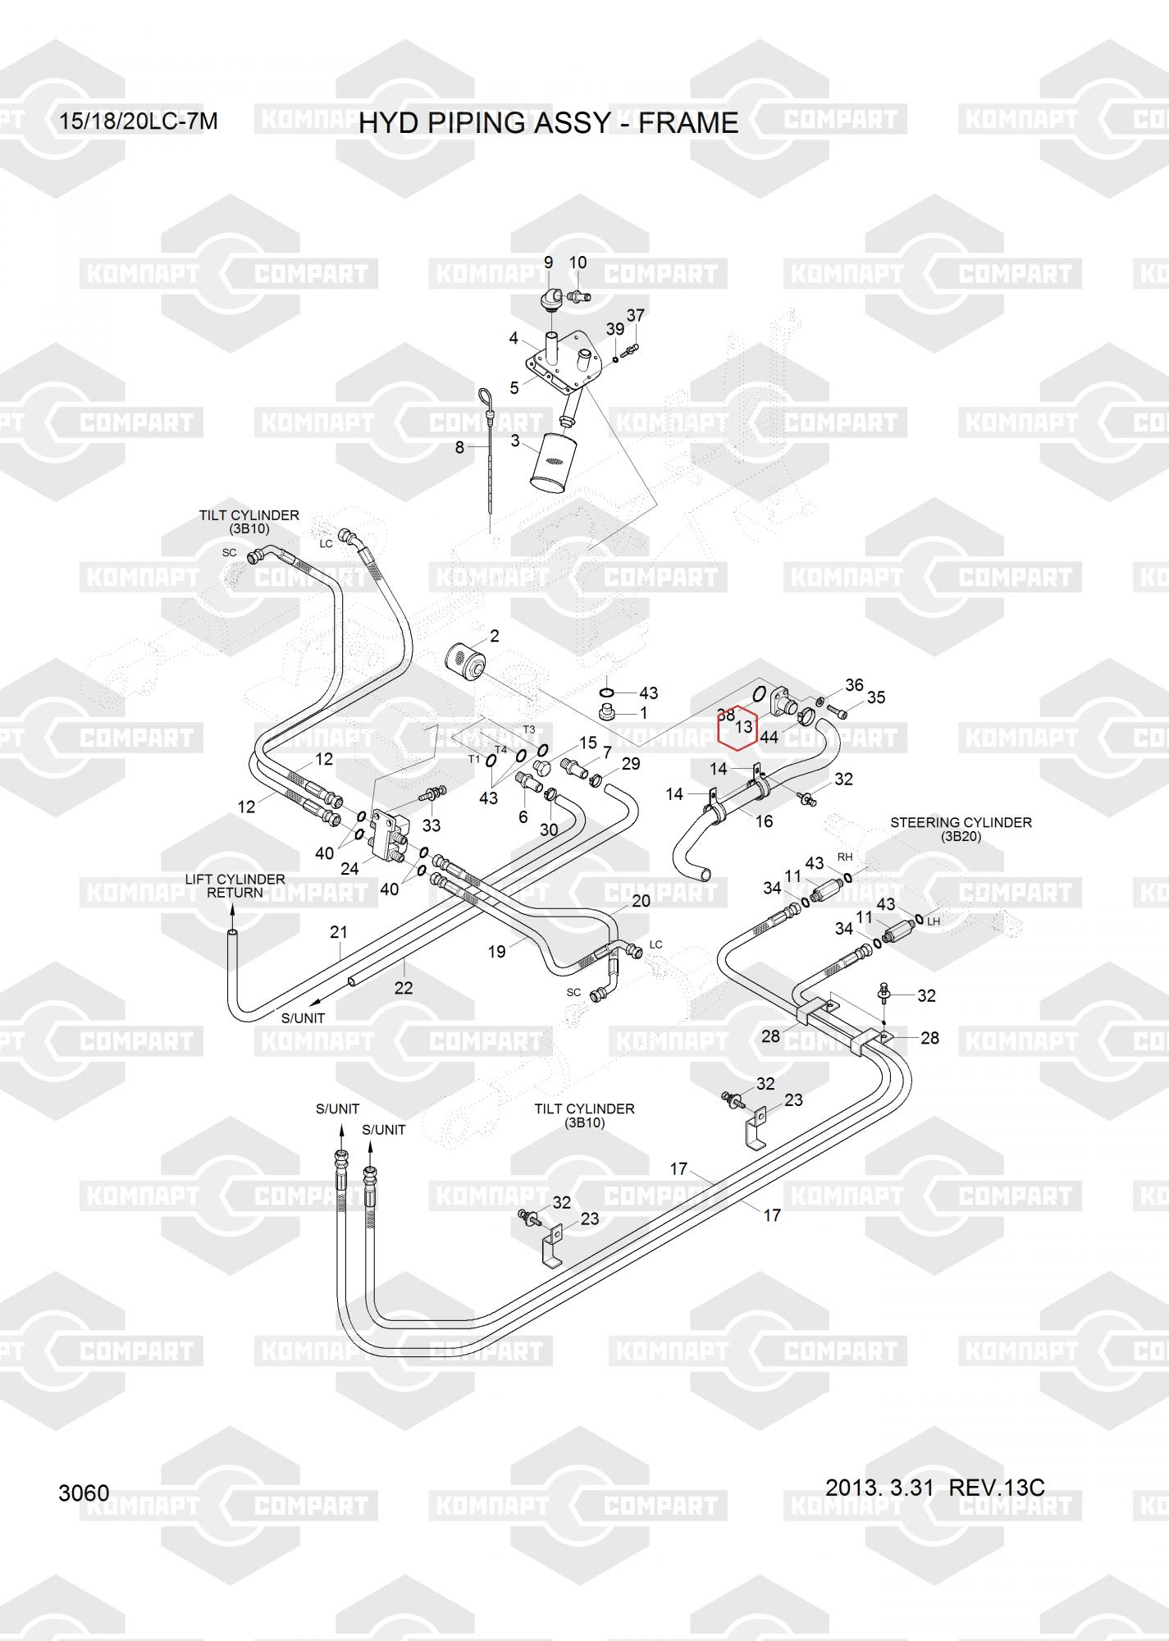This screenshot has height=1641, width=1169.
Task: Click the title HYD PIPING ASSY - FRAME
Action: [548, 123]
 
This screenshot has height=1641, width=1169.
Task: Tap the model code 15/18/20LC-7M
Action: [138, 121]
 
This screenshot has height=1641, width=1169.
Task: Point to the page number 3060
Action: [84, 1492]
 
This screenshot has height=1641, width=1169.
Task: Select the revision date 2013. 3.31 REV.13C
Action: [934, 1488]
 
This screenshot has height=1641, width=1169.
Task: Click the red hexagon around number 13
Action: [737, 728]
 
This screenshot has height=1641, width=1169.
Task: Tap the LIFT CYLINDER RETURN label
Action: [235, 885]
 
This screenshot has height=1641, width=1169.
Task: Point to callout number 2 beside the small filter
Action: [495, 636]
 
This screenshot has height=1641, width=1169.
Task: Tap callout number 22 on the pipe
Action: [403, 988]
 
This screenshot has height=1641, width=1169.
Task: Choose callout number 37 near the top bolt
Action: [636, 315]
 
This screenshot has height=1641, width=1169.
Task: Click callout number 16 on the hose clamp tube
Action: [764, 821]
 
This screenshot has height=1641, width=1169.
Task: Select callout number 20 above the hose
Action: [641, 901]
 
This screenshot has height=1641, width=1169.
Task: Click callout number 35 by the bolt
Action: [876, 697]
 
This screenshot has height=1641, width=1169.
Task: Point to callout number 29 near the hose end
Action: [631, 764]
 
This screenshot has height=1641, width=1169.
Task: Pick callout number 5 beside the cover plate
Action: [514, 388]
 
